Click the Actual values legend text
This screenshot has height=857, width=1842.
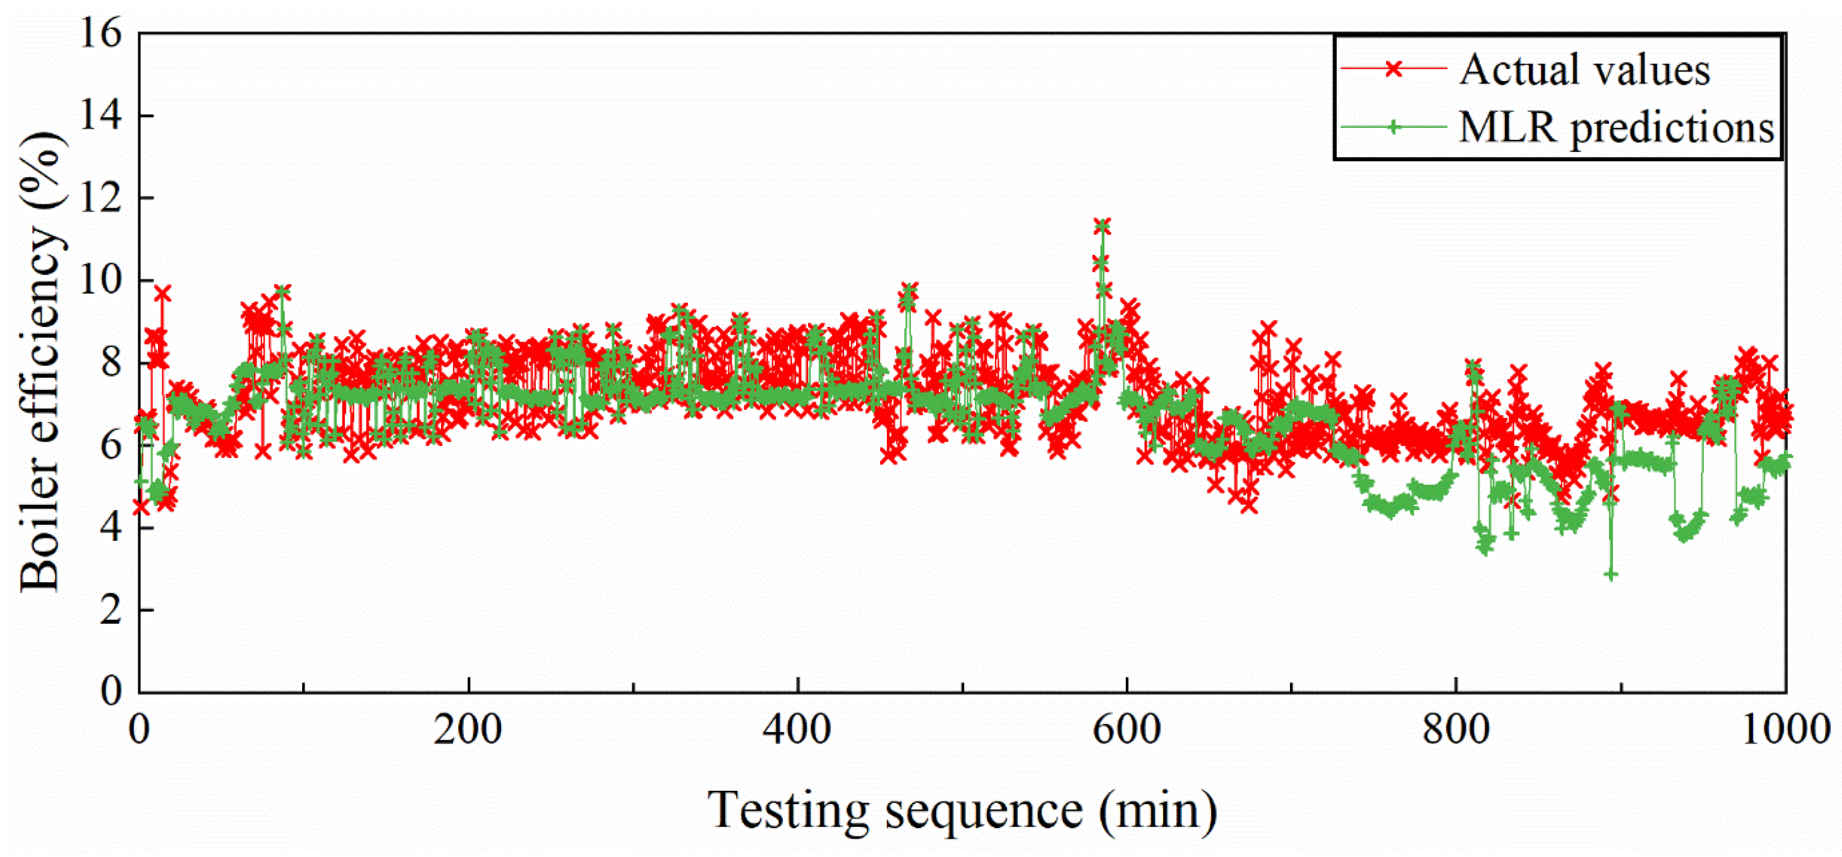click(x=1585, y=70)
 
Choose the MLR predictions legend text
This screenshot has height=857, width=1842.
click(x=1617, y=129)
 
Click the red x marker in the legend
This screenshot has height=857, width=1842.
click(x=1393, y=69)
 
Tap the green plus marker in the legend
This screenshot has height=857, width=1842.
click(x=1393, y=127)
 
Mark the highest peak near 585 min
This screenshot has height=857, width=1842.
click(x=1102, y=227)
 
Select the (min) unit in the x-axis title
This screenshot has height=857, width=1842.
click(x=1158, y=811)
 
